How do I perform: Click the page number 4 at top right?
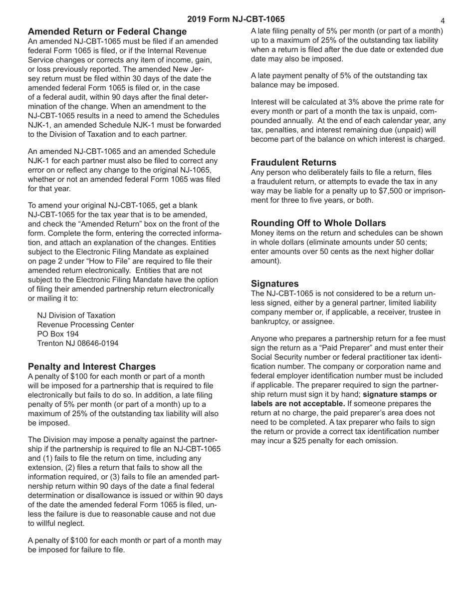click(x=443, y=21)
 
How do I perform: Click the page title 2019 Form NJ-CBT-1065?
click(x=236, y=19)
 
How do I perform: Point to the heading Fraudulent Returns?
click(x=293, y=162)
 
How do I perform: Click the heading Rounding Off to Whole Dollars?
click(x=318, y=223)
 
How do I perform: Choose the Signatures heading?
click(x=275, y=284)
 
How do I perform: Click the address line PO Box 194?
click(x=58, y=334)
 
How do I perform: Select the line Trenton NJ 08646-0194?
click(x=78, y=343)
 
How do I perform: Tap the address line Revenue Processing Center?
click(x=85, y=324)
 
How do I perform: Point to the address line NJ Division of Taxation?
click(x=76, y=315)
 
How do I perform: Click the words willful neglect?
click(x=56, y=523)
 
